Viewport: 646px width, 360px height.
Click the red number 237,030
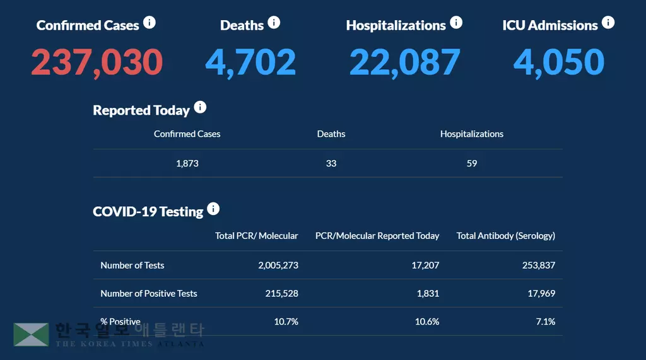coord(97,62)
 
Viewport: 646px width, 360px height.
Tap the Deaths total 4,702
coord(250,62)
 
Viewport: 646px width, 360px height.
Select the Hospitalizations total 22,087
coord(405,62)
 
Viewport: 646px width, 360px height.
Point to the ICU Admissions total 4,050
coord(559,62)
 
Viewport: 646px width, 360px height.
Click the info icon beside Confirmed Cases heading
coord(150,23)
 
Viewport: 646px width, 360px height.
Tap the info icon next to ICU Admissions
coord(608,23)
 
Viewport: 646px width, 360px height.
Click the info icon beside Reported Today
coord(200,107)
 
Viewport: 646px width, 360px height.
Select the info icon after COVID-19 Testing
coord(214,209)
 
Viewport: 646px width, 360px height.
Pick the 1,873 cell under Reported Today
coord(187,163)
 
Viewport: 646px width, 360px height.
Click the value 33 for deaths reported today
coord(331,163)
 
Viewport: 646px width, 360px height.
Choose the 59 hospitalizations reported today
coord(472,163)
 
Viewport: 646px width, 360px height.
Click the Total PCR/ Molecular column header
coord(257,236)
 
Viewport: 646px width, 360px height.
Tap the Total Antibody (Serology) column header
coord(506,236)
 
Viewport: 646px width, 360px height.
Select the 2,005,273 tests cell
coord(278,265)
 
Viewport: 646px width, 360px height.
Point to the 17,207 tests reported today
coord(425,265)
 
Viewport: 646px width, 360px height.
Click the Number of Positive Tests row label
coord(149,293)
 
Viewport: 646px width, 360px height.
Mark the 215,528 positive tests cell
coord(283,293)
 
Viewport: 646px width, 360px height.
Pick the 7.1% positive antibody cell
coord(545,322)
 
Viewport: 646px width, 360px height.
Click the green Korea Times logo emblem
coord(32,335)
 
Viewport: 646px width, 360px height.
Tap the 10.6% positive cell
coord(427,322)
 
